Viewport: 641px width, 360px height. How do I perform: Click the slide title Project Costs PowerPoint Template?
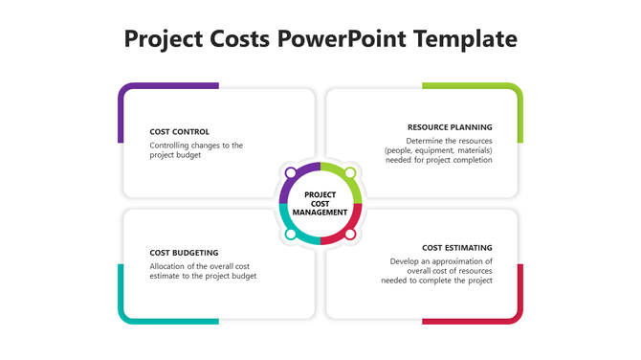click(x=320, y=39)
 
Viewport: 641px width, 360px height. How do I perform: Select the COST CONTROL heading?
click(x=180, y=131)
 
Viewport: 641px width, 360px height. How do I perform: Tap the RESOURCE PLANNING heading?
click(x=450, y=126)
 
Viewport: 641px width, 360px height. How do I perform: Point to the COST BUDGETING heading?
click(x=184, y=253)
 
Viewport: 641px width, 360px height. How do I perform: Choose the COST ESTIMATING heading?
click(x=457, y=247)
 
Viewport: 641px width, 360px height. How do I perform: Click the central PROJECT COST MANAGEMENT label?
click(x=320, y=203)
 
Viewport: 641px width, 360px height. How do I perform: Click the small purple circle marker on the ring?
click(x=291, y=173)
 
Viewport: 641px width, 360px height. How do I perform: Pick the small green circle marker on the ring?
click(x=350, y=173)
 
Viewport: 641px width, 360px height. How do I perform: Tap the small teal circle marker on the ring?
click(x=291, y=234)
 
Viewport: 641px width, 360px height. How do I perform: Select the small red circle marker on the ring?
click(x=350, y=234)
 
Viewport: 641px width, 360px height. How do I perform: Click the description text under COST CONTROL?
click(x=196, y=150)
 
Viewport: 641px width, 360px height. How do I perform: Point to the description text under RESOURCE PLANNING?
click(x=438, y=150)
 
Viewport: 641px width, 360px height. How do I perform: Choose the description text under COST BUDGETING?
click(x=203, y=271)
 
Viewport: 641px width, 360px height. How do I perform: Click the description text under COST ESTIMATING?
click(x=437, y=271)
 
